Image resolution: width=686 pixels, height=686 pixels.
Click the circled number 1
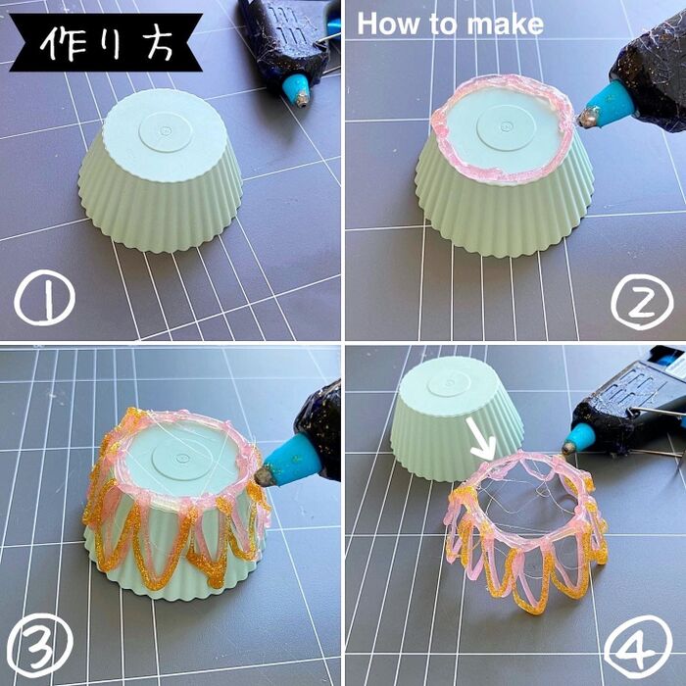(44, 297)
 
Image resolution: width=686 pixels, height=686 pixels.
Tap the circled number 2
(642, 302)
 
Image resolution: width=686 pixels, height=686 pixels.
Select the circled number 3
(40, 644)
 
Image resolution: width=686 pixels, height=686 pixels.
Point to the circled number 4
(638, 648)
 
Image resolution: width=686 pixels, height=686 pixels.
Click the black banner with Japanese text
(106, 42)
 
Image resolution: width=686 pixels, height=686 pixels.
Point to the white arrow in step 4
(481, 439)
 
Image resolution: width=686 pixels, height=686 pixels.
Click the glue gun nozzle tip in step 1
(302, 102)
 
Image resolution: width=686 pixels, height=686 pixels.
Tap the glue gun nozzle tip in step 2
(585, 119)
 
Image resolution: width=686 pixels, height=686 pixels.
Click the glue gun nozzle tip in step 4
(568, 447)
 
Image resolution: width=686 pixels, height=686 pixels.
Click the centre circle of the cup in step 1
(167, 130)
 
